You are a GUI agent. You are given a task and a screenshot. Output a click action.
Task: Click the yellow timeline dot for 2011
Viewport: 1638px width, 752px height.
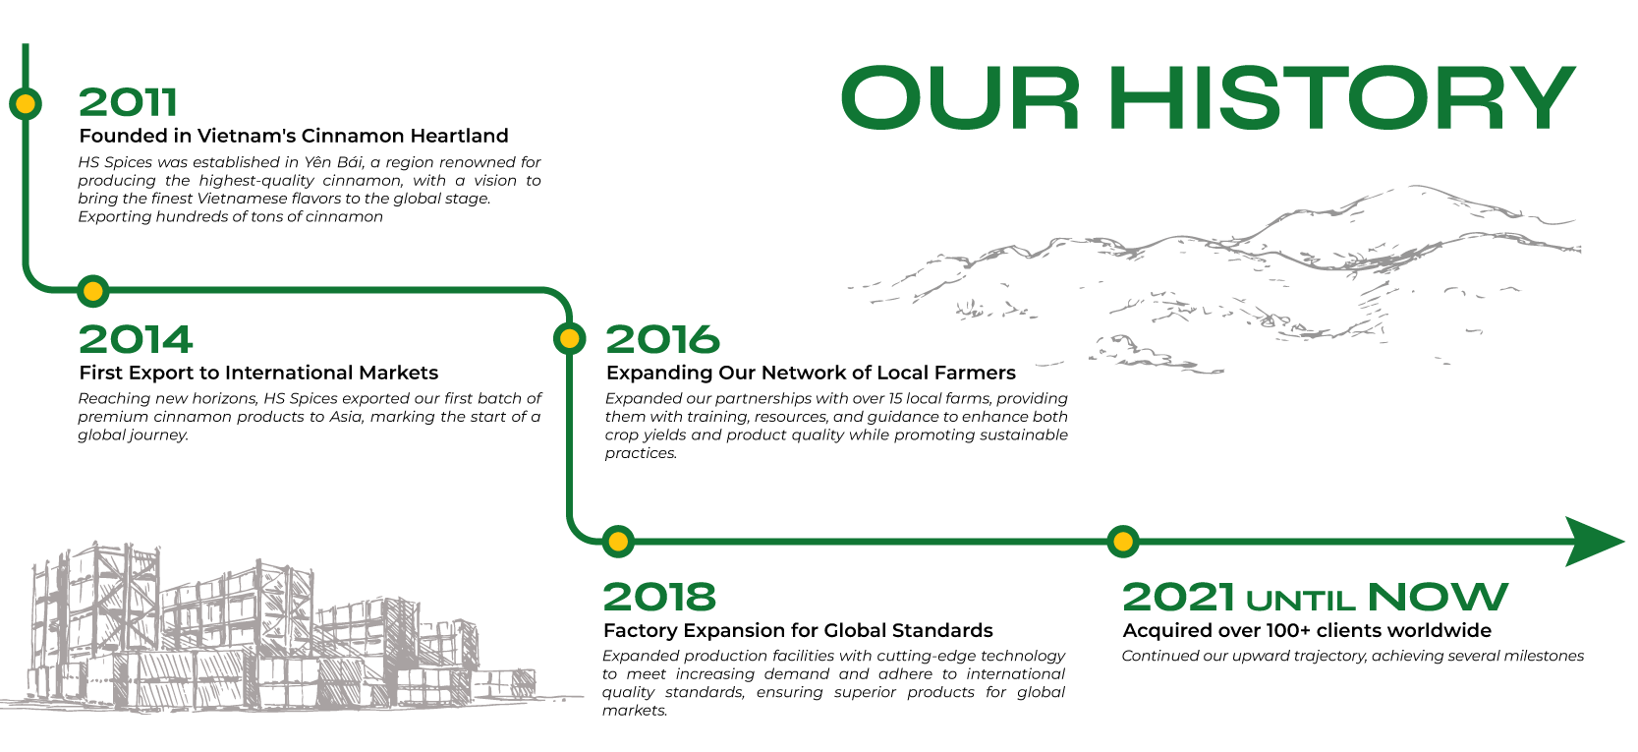[26, 104]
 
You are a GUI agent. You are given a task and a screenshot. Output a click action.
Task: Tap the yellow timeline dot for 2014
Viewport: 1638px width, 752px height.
[93, 291]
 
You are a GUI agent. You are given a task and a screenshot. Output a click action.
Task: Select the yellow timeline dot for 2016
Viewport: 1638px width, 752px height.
[569, 339]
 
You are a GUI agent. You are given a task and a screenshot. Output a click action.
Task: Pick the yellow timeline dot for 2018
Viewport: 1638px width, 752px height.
[618, 542]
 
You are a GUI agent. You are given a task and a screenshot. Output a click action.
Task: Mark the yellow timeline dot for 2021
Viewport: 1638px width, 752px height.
[1122, 542]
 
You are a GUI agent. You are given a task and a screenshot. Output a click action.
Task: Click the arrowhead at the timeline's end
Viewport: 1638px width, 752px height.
[1594, 542]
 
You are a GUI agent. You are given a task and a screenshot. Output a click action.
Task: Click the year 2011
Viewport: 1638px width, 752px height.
[128, 102]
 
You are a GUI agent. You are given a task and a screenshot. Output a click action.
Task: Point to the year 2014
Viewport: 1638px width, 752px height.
[136, 339]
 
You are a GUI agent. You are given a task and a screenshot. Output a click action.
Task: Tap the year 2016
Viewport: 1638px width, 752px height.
[662, 339]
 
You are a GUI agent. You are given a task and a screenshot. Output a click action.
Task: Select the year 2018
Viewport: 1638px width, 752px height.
[659, 597]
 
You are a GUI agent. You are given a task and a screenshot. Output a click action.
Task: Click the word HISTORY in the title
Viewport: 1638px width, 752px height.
[1342, 98]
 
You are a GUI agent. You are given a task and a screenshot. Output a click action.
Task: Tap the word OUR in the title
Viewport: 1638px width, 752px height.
[960, 98]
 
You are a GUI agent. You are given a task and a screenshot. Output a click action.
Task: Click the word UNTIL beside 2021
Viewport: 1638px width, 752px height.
[1301, 602]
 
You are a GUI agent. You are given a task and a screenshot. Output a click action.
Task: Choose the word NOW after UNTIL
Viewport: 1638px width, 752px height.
[1438, 597]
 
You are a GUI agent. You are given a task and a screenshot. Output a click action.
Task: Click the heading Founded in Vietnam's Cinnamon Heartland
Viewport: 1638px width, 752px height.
[294, 136]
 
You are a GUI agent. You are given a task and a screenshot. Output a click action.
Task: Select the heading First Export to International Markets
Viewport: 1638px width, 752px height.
[258, 374]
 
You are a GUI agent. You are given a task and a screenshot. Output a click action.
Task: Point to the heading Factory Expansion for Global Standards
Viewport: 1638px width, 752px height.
[798, 630]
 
